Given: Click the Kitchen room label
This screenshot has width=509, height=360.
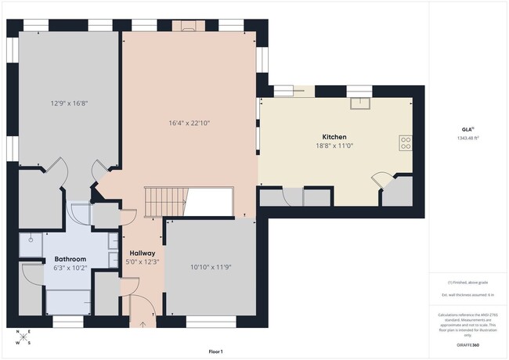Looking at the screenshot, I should coord(334,137).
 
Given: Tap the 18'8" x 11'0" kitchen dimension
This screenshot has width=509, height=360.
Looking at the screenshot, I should coord(334,146).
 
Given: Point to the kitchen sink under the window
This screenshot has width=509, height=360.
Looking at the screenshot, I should coord(359,101).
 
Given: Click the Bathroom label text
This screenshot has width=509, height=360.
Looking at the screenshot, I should coord(70,258).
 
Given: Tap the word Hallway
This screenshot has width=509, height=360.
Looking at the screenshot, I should coord(142,254).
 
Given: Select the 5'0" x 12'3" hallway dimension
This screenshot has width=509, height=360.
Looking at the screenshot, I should coord(142,262).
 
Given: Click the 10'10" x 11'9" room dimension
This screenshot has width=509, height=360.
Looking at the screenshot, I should coord(211,267).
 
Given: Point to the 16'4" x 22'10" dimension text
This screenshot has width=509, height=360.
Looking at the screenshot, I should coord(190,122).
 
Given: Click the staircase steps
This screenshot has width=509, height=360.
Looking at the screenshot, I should coord(164,203).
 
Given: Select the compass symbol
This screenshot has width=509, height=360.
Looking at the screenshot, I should coord(23,337).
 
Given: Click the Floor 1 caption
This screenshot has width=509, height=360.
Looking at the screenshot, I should coord(216,351).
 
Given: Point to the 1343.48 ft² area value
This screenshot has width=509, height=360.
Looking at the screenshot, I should coord(467,138).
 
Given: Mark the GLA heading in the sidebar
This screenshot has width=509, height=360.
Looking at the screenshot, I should coord(467,129).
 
